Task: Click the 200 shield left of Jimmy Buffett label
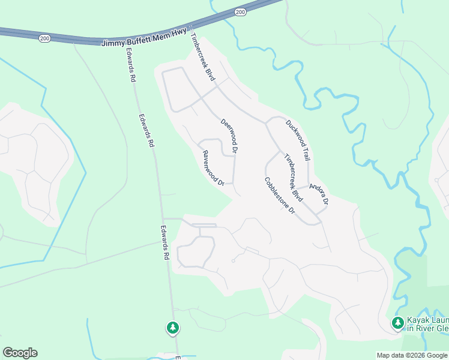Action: pyautogui.click(x=45, y=38)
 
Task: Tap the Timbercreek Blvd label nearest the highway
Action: pyautogui.click(x=202, y=57)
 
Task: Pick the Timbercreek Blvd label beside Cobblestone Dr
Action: pyautogui.click(x=294, y=178)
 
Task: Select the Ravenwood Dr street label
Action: pyautogui.click(x=213, y=167)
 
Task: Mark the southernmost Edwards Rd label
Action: pyautogui.click(x=166, y=242)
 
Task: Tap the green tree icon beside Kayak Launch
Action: pyautogui.click(x=397, y=323)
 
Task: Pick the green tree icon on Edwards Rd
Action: pyautogui.click(x=173, y=328)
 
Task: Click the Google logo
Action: pyautogui.click(x=20, y=353)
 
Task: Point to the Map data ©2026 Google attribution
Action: pyautogui.click(x=412, y=355)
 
